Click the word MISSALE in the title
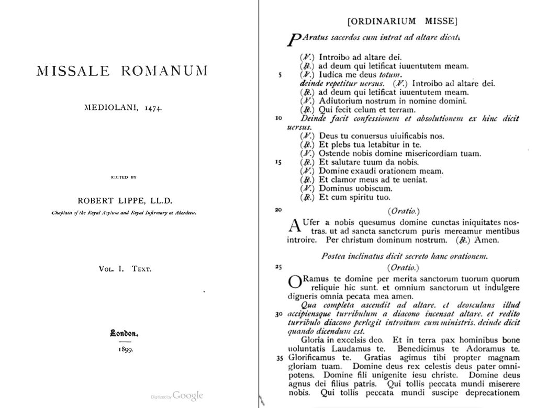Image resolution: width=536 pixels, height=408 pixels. pyautogui.click(x=73, y=71)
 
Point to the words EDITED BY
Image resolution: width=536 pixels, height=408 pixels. pyautogui.click(x=124, y=177)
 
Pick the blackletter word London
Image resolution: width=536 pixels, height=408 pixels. pyautogui.click(x=124, y=332)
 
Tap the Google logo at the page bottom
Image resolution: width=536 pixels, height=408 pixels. pyautogui.click(x=187, y=396)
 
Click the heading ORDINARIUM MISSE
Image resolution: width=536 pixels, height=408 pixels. pyautogui.click(x=403, y=21)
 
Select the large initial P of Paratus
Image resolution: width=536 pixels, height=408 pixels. pyautogui.click(x=295, y=40)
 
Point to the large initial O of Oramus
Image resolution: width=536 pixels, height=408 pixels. pyautogui.click(x=295, y=282)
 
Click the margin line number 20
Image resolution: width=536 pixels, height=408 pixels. pyautogui.click(x=278, y=209)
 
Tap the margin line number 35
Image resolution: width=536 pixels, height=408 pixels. pyautogui.click(x=280, y=358)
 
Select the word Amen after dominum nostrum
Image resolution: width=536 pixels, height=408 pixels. pyautogui.click(x=486, y=241)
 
